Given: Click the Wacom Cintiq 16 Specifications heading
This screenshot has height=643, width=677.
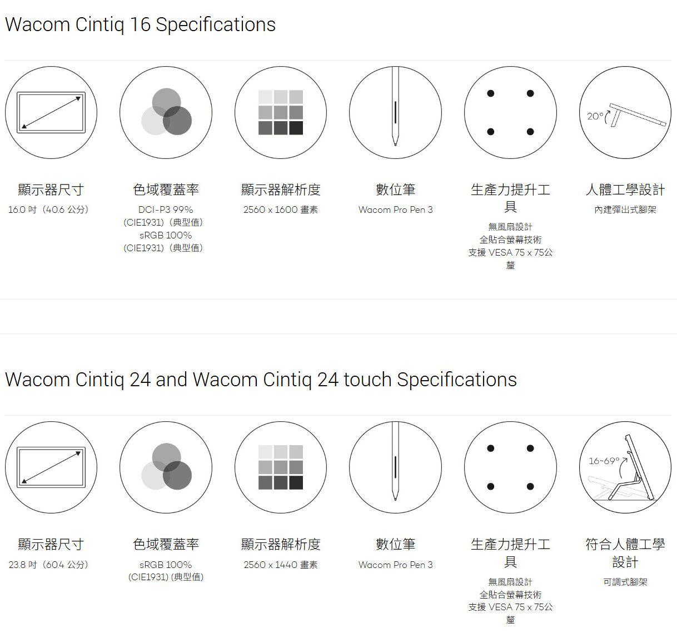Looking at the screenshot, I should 140,24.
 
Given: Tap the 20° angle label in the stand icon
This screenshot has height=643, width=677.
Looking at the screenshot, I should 595,116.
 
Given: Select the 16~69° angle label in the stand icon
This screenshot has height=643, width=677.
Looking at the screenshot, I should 604,461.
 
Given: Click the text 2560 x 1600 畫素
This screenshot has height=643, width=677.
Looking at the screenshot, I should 280,210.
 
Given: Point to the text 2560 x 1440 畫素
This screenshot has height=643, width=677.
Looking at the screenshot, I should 280,565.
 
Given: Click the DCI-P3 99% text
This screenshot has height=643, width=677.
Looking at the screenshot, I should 166,210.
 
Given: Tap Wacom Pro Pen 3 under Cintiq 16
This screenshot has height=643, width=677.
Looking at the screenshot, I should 395,210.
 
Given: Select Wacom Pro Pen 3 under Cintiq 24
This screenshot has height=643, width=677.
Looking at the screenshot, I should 395,565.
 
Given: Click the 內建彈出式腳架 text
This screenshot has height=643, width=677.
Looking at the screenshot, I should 625,210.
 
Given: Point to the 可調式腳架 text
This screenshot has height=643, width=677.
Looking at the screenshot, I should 625,582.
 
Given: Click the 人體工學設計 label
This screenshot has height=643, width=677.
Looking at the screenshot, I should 625,190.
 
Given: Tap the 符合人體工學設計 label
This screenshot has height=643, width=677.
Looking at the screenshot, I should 625,553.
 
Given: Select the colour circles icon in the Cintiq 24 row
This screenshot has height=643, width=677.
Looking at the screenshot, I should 166,467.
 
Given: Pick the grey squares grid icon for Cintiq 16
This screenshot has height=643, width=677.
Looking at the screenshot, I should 280,112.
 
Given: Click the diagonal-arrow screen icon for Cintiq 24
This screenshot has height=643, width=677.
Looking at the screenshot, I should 51,467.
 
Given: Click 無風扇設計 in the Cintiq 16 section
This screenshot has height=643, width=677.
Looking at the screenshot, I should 510,227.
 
